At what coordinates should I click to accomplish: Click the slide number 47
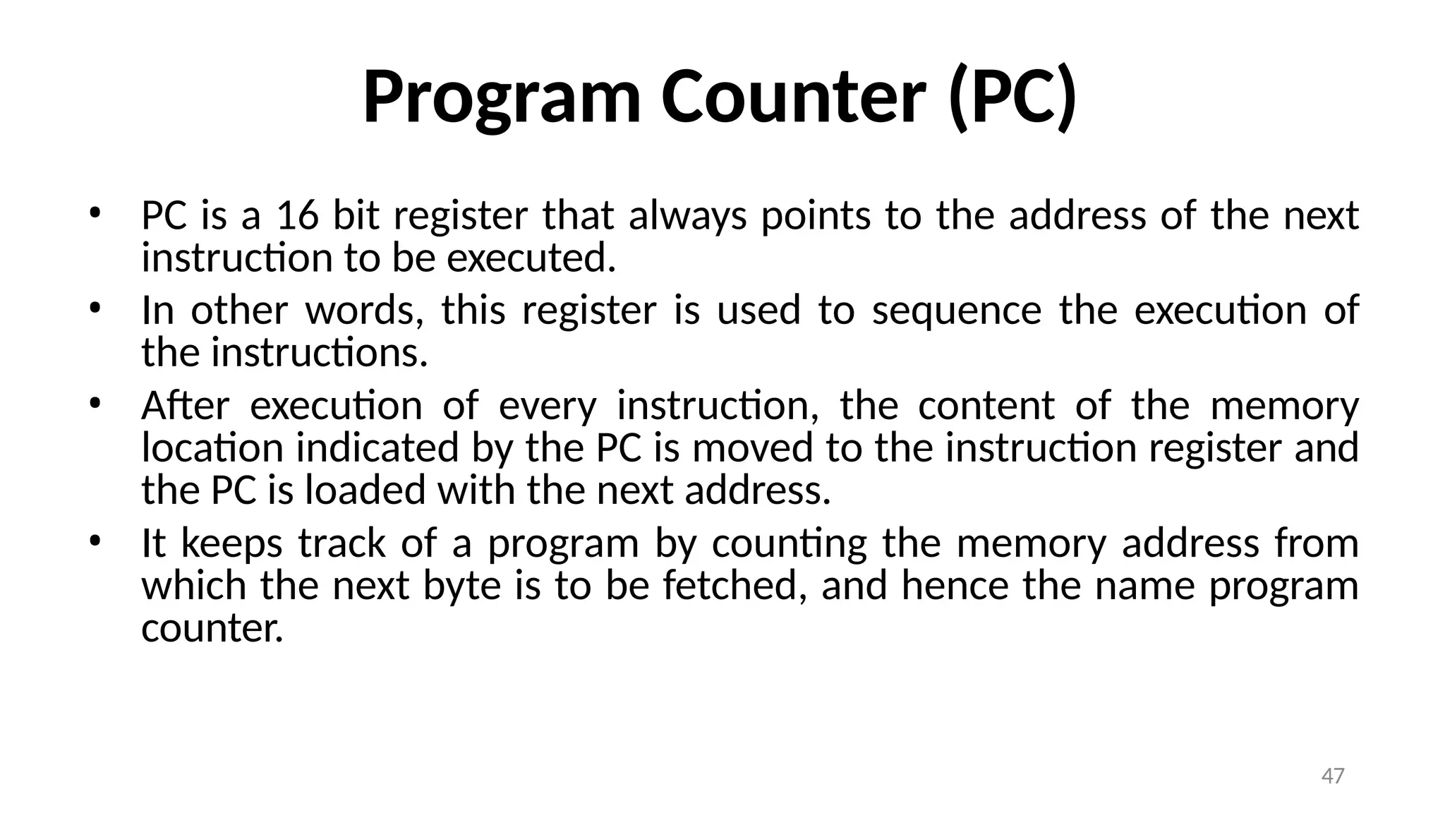pos(1332,776)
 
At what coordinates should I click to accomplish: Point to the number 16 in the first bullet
pos(297,215)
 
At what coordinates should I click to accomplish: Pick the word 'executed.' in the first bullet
pos(531,258)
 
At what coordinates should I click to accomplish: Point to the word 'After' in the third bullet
pos(185,406)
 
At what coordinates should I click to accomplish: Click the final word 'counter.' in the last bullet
pos(212,628)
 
